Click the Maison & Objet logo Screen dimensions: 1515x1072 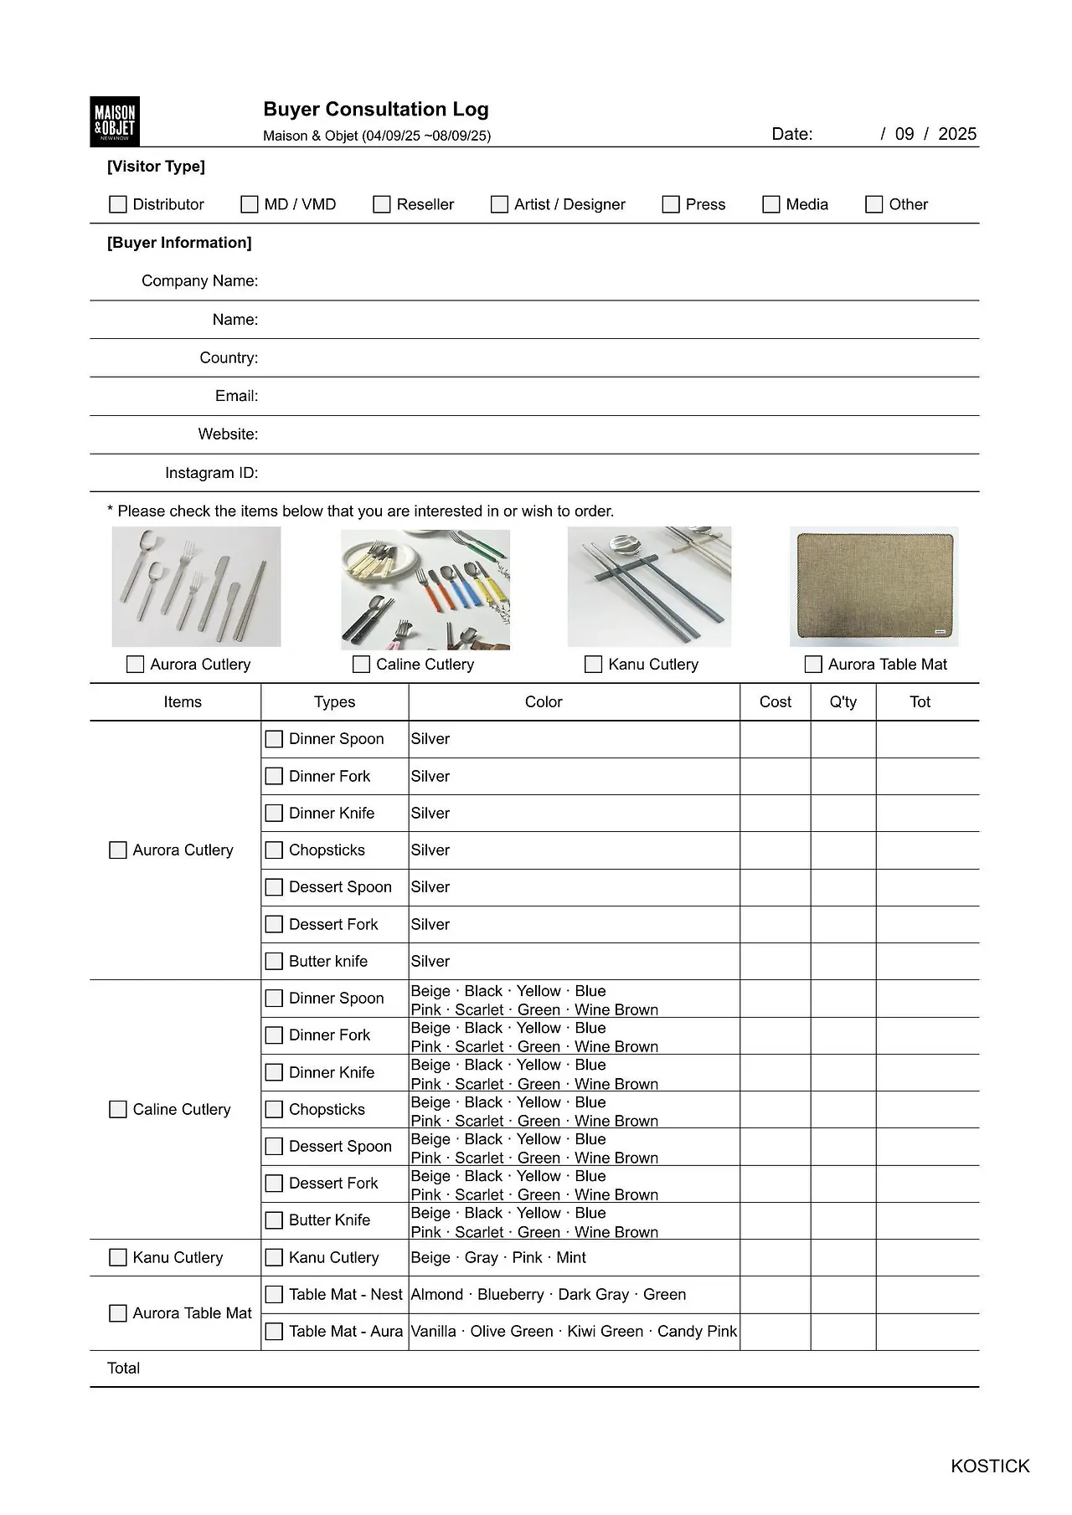114,121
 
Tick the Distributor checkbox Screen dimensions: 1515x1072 118,204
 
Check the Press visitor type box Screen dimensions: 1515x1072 671,204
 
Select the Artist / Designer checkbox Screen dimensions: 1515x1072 499,204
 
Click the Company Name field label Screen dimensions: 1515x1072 199,280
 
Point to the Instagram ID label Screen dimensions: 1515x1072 211,473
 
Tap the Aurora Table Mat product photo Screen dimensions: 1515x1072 874,587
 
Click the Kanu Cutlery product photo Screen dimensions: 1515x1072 649,587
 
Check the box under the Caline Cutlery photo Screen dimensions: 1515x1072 362,664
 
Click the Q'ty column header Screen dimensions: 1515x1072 843,701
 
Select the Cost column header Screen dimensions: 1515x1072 775,701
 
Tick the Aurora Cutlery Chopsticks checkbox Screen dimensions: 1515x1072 274,850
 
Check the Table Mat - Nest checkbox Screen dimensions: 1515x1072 274,1294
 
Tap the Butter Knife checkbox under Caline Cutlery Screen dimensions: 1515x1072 274,1220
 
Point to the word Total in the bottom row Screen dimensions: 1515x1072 124,1368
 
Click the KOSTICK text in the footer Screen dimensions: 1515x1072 990,1466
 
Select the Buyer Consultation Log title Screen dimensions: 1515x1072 376,109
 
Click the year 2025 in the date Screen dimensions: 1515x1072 957,134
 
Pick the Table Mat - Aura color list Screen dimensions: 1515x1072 574,1331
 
